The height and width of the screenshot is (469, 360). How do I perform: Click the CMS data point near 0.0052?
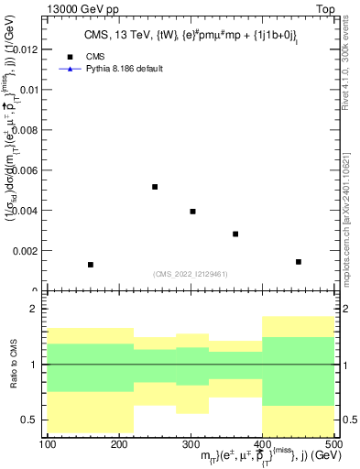tap(155, 187)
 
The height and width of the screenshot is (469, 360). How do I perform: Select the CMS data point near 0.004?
tap(192, 212)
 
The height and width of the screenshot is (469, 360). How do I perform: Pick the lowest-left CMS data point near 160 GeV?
tap(91, 265)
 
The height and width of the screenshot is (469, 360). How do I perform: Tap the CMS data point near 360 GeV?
tap(235, 234)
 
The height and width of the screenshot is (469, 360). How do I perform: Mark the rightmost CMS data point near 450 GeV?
tap(299, 262)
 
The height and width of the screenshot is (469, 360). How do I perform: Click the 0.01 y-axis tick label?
tap(31, 90)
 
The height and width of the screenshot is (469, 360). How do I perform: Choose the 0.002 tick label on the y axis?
tap(28, 251)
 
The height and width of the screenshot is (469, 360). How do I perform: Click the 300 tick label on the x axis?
tap(191, 444)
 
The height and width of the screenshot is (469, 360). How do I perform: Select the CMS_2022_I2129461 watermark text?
tap(191, 273)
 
